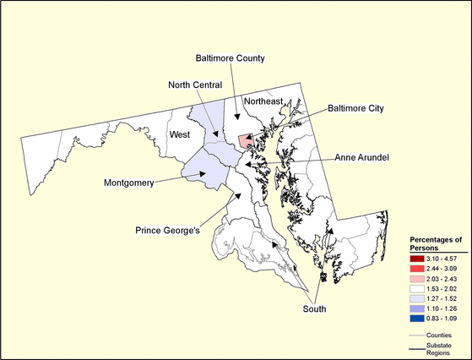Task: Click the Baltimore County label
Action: (230, 58)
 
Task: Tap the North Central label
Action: (194, 85)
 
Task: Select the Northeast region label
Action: (263, 101)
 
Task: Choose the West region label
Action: (179, 134)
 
